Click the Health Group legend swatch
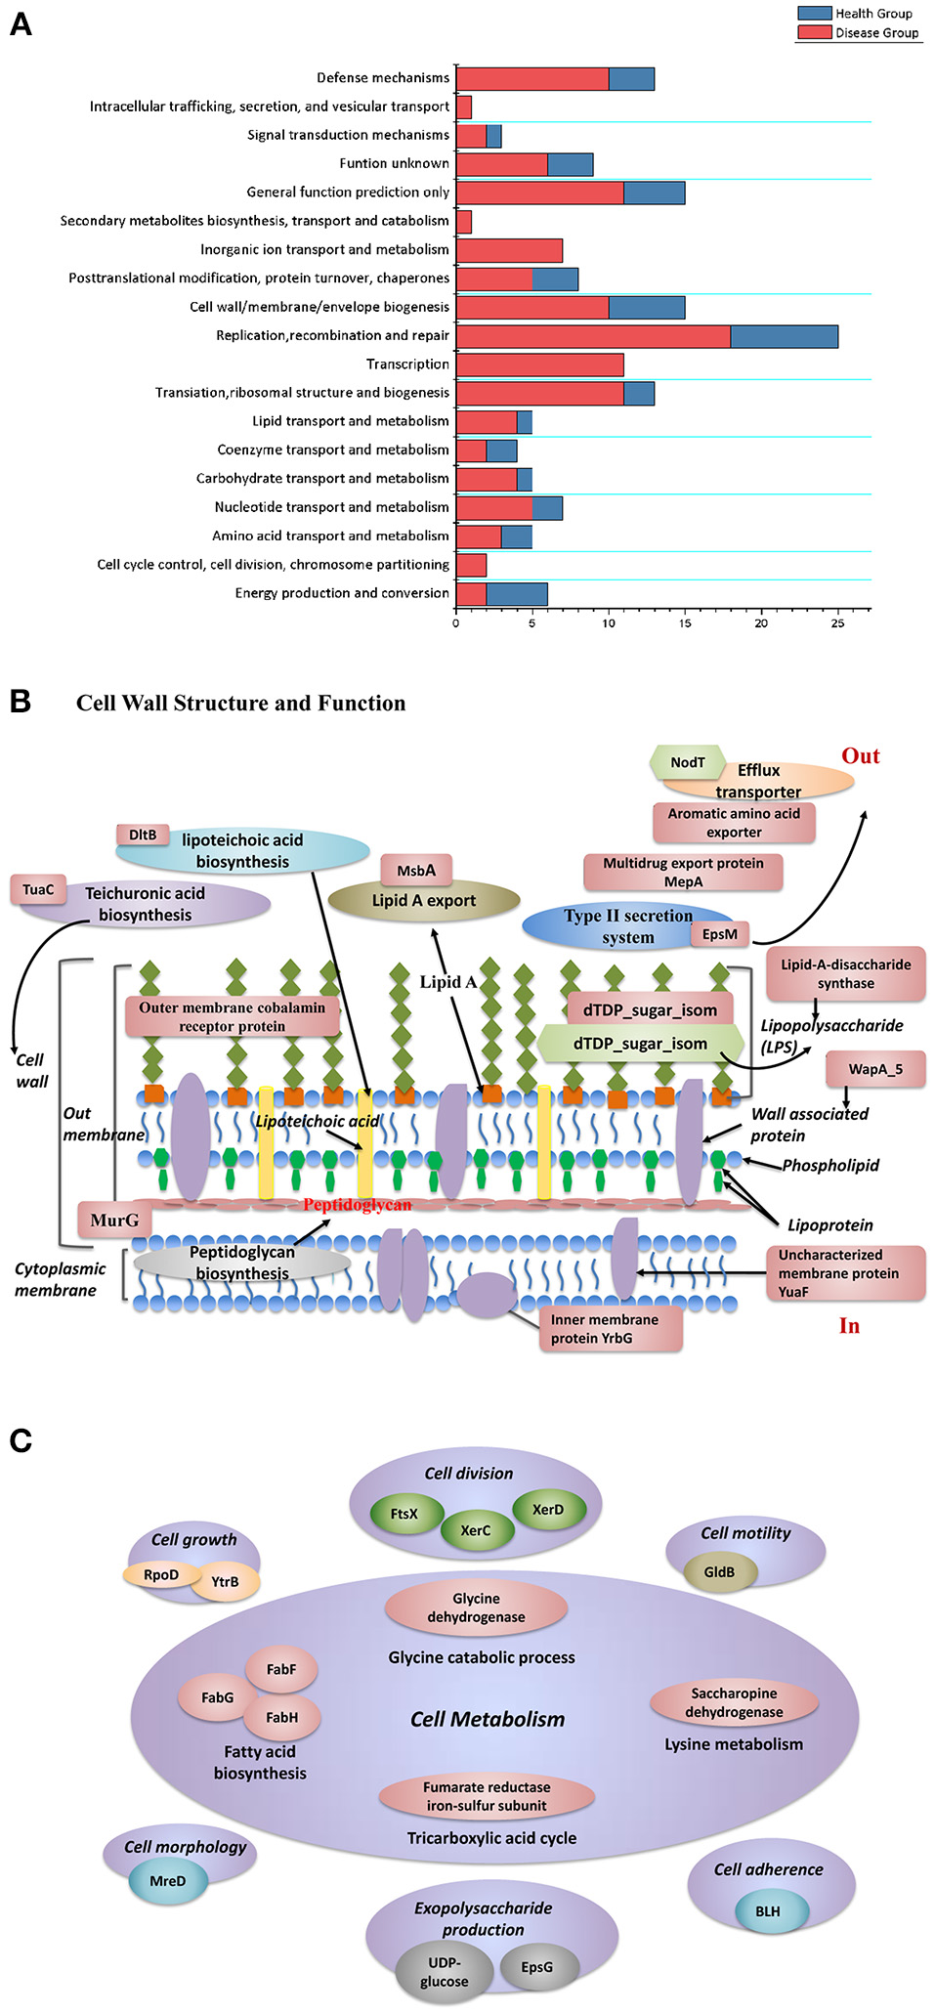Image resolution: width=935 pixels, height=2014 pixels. (814, 14)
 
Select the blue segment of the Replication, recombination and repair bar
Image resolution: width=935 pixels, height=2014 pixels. (784, 336)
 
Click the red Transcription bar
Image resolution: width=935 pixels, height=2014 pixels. (539, 364)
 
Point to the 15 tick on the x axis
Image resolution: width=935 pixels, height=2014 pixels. (685, 622)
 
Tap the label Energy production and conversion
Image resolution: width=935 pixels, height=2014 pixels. (342, 593)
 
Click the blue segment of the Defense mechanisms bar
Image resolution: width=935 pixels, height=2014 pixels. (631, 79)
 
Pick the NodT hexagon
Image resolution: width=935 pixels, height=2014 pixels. (688, 762)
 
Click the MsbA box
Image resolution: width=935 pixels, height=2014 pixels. (416, 870)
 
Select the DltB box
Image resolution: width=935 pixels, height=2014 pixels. (143, 835)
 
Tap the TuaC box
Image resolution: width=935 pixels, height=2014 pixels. (38, 889)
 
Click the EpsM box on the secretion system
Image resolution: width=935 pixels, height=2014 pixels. (720, 934)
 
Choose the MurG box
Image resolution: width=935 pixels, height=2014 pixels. (114, 1220)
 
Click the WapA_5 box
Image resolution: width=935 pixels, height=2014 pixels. (874, 1069)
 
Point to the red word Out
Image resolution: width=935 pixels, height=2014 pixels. (860, 755)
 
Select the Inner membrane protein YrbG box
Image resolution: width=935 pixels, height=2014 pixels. (610, 1329)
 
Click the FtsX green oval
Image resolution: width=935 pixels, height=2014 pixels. (404, 1514)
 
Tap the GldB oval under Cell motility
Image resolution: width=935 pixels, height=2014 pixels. (719, 1572)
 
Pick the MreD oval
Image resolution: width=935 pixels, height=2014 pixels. (168, 1881)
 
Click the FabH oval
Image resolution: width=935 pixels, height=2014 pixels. (282, 1717)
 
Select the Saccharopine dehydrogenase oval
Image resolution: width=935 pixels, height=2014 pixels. (734, 1702)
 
